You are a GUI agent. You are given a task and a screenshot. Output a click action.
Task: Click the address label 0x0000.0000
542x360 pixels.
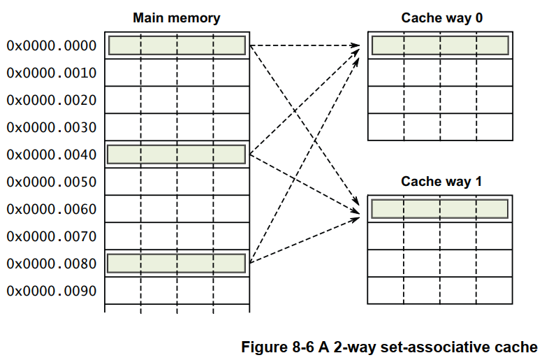(x=52, y=45)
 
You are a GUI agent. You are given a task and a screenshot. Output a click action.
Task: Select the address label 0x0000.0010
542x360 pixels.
(x=52, y=73)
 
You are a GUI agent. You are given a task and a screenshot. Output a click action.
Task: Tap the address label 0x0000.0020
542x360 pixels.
(x=52, y=100)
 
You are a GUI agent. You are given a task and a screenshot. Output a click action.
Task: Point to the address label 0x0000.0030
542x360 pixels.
(x=52, y=127)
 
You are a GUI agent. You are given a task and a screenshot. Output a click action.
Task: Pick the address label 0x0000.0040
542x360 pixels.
(x=52, y=154)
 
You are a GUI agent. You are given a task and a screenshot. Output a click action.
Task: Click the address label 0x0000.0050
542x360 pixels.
(x=52, y=182)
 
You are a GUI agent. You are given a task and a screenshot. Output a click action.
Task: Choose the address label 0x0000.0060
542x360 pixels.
(x=52, y=209)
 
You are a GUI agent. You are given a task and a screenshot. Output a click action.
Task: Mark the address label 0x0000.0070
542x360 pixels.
(x=52, y=236)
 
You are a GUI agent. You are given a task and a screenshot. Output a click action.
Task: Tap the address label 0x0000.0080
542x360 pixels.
(x=52, y=264)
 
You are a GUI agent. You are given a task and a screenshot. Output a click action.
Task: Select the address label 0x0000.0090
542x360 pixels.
(x=52, y=291)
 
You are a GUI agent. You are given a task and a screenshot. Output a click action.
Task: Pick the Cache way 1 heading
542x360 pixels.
(x=441, y=182)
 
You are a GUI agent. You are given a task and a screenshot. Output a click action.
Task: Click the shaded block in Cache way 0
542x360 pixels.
(x=440, y=45)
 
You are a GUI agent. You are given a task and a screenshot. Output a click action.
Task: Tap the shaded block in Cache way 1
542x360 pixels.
(x=440, y=209)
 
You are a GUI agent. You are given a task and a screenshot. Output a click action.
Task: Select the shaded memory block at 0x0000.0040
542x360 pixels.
(x=177, y=154)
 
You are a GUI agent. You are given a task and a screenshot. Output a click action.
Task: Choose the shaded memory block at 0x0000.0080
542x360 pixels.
(x=177, y=264)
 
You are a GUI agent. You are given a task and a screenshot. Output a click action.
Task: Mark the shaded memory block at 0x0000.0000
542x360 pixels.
(x=177, y=45)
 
